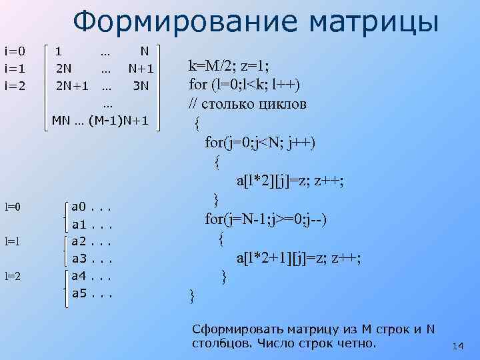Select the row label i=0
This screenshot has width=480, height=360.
[x=15, y=51]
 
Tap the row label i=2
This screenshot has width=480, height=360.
[x=15, y=85]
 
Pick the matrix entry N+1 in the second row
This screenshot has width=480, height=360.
[x=141, y=68]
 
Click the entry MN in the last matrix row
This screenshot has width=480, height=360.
[x=61, y=121]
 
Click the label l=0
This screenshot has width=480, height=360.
[x=14, y=207]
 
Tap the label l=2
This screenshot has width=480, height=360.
[x=14, y=275]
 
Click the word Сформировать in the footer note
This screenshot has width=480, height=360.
[x=231, y=329]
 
